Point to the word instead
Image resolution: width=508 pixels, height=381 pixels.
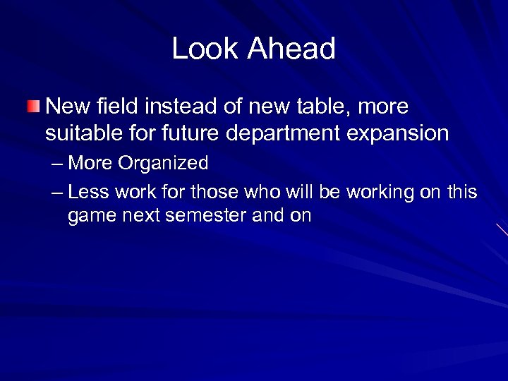(179, 107)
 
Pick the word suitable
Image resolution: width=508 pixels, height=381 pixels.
(81, 133)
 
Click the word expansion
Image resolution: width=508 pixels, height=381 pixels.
(405, 133)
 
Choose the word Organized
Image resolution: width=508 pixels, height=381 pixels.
(164, 164)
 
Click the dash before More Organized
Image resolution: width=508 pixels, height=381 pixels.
(58, 164)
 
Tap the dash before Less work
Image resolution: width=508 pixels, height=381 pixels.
(58, 192)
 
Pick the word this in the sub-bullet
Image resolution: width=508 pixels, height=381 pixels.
(463, 192)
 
